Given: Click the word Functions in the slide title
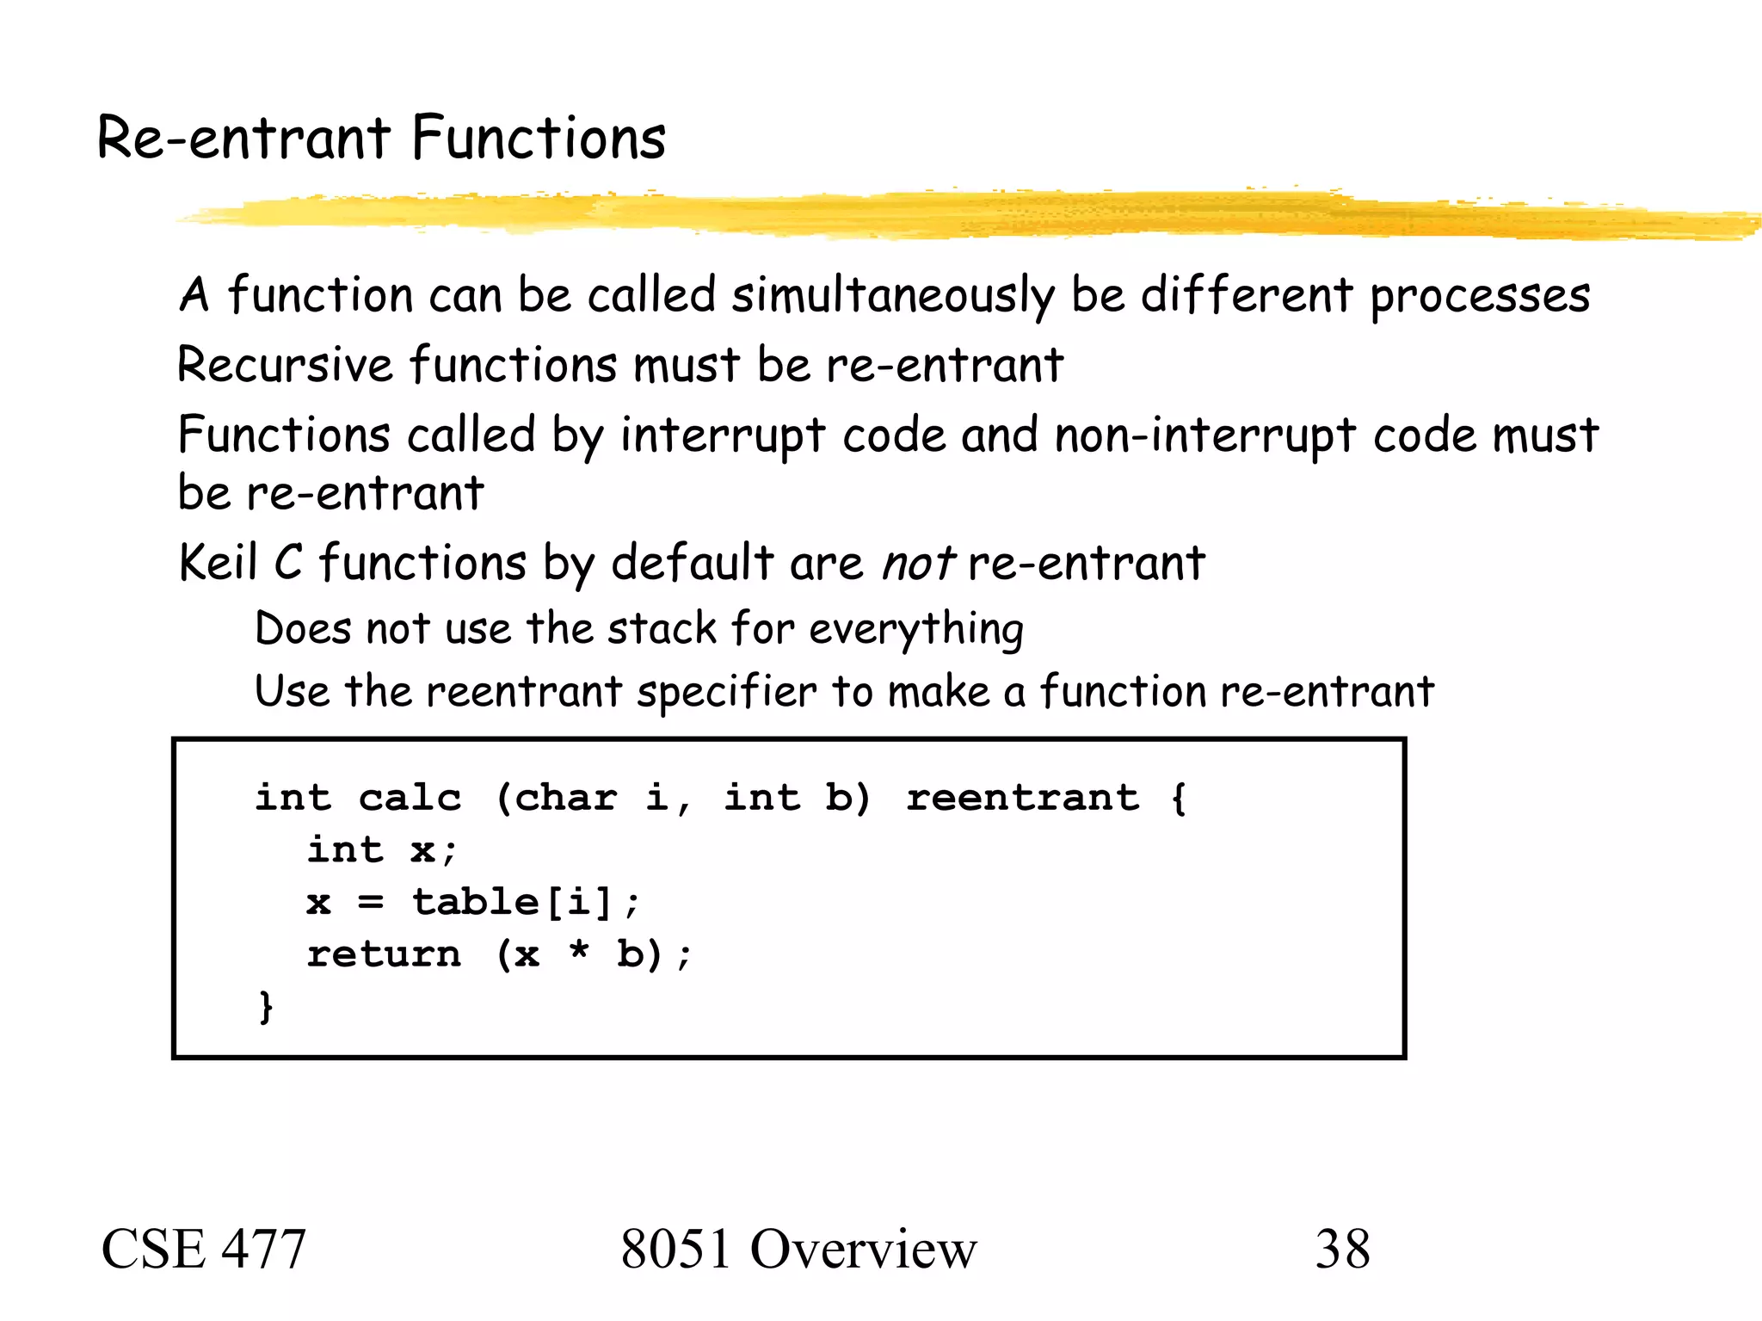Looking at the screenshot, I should [539, 138].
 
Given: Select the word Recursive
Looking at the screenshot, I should [285, 364].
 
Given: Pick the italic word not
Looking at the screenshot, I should [917, 564].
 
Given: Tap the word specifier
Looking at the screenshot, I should [726, 693].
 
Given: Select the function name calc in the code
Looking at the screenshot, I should [410, 798].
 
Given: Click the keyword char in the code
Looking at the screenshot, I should [566, 798].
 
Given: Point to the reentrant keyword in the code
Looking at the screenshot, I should [1023, 798].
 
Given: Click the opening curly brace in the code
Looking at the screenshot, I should [1179, 798].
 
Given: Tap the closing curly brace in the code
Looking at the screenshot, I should [266, 1006].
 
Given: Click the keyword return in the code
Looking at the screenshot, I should [384, 954].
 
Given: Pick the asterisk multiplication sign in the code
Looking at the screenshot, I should [580, 952].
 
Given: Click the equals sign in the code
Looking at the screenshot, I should [370, 903].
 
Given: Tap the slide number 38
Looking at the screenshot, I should [1342, 1250].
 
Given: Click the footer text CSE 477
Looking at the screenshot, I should [204, 1250].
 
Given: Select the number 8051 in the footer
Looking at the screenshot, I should [676, 1250].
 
